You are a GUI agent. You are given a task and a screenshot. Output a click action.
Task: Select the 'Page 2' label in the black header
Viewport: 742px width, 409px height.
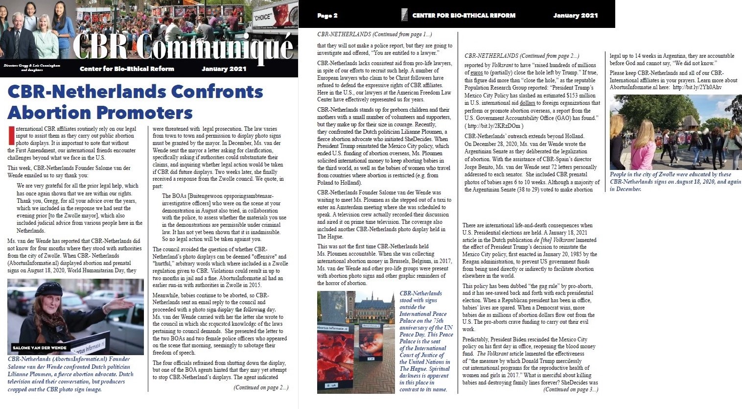tap(327, 16)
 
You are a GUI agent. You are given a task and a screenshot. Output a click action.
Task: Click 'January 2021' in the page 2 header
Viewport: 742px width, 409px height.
tap(575, 16)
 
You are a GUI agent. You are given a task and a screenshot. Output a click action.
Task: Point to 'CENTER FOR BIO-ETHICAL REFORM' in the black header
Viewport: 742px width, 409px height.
tap(464, 16)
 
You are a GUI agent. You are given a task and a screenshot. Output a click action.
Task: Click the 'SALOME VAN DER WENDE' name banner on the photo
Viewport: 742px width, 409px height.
tap(39, 348)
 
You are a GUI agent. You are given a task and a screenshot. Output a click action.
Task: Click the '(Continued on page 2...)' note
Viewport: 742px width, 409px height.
tap(261, 387)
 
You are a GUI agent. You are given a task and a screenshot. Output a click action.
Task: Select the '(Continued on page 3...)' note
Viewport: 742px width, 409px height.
tap(570, 390)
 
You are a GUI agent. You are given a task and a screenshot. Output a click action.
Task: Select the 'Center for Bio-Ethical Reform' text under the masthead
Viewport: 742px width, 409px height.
tap(127, 69)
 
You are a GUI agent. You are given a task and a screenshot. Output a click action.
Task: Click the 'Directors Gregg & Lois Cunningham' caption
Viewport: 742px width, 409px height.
tap(32, 65)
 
